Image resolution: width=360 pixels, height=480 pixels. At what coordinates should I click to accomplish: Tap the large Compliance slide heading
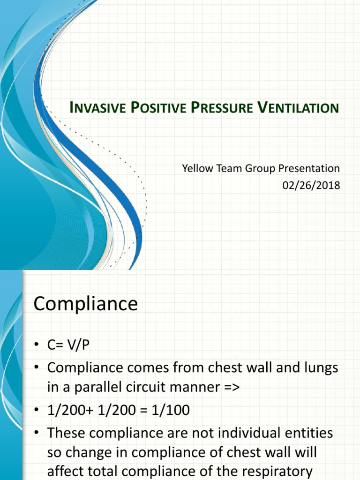pyautogui.click(x=86, y=304)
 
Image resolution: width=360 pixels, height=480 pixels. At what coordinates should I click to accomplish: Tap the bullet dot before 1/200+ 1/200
pyautogui.click(x=37, y=411)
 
